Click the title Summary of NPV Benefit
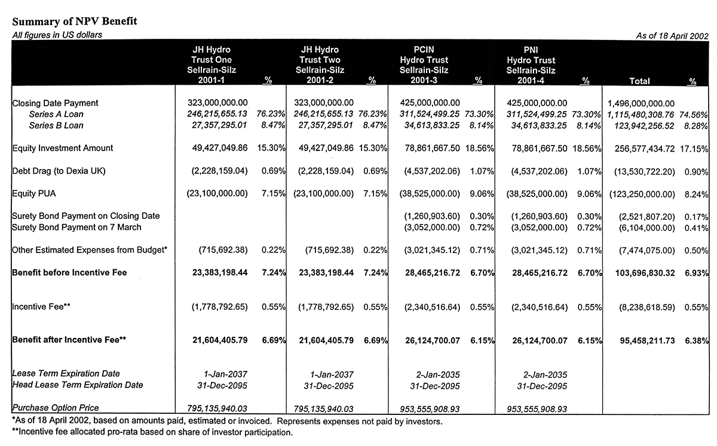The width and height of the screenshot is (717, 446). (x=75, y=21)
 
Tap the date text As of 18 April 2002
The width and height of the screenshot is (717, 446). (x=672, y=35)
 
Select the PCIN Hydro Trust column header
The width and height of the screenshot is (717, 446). (x=424, y=64)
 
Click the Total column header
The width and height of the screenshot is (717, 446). (x=639, y=81)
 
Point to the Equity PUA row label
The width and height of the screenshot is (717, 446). (x=34, y=193)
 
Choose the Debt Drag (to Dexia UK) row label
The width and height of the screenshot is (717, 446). (x=59, y=171)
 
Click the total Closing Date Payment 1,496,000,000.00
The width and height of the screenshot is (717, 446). (x=641, y=103)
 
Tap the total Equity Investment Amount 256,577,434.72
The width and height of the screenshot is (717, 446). (x=644, y=149)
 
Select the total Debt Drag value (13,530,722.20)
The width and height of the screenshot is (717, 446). (x=644, y=172)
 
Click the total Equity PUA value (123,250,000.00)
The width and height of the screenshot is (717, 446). (x=642, y=194)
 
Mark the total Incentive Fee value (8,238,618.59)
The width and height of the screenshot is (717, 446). (x=646, y=307)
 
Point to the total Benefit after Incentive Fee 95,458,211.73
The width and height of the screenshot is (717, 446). (x=647, y=340)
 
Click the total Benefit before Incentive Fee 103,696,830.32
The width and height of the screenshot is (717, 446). (x=645, y=273)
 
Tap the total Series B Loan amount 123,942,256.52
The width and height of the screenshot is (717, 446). (x=644, y=126)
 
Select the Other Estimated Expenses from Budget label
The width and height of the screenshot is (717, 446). (x=90, y=250)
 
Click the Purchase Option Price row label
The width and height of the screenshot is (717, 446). (x=56, y=408)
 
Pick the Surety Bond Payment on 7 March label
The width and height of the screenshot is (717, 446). (x=76, y=227)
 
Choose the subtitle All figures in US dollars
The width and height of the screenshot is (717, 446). (x=57, y=35)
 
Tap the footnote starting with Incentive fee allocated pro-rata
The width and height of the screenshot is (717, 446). (x=152, y=432)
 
